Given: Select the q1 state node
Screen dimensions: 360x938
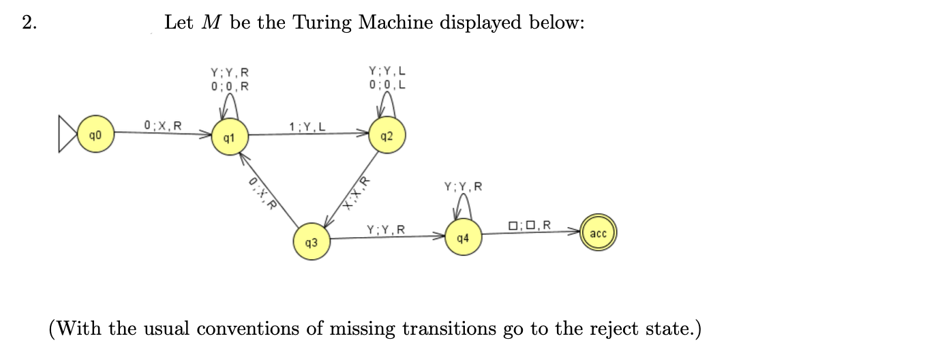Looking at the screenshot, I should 230,136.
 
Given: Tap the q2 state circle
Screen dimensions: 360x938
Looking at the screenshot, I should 386,136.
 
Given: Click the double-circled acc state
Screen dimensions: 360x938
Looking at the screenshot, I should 598,233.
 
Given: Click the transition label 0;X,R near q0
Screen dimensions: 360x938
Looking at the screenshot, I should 163,125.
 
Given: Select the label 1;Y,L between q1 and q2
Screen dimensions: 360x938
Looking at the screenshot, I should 307,126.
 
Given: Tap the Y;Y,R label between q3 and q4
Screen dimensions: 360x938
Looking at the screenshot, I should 386,230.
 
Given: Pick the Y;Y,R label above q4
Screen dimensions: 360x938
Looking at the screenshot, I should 463,186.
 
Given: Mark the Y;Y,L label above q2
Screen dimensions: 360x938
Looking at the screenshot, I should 387,71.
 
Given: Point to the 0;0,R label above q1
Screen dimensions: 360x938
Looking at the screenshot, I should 230,86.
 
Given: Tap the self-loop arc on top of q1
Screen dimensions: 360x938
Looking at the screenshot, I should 230,104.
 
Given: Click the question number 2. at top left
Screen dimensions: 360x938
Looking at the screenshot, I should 29,23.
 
